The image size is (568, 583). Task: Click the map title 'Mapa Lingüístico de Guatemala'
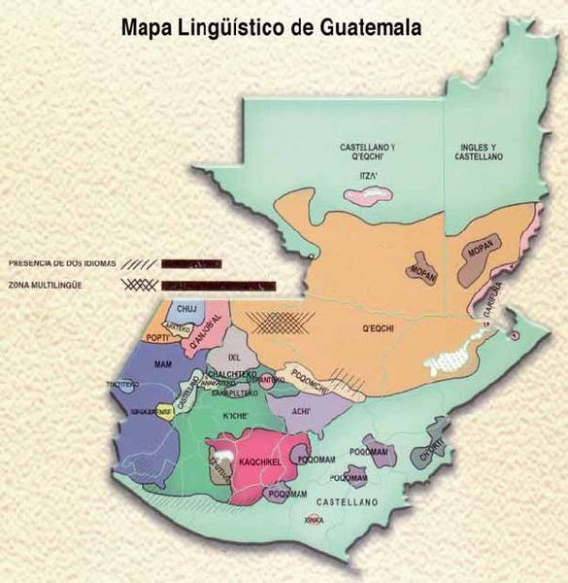coord(271,26)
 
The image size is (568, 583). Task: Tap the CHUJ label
coord(186,312)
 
